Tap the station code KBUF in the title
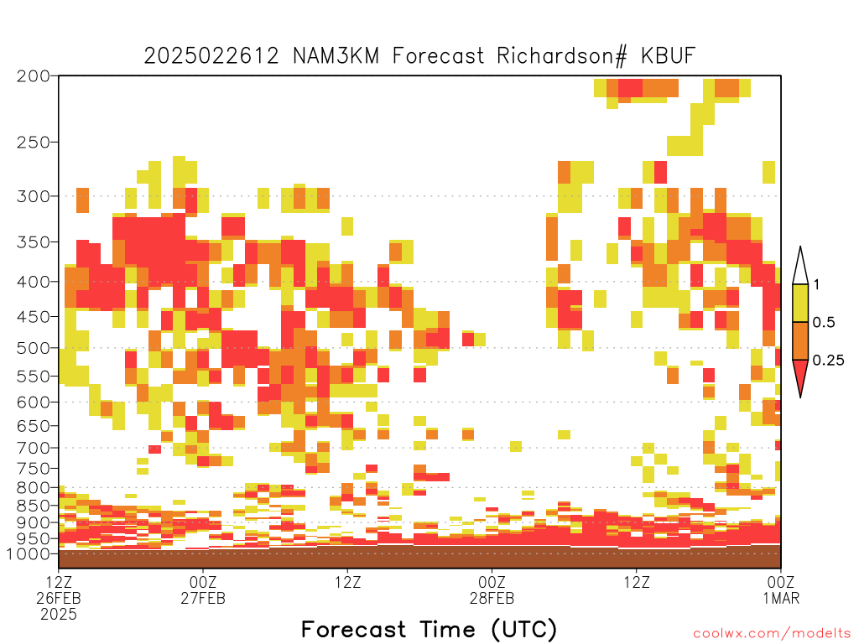[x=669, y=56]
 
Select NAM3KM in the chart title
[x=336, y=56]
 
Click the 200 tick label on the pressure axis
[x=33, y=76]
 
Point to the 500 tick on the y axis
[x=33, y=348]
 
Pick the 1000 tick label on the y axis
[x=29, y=553]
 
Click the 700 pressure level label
[x=33, y=448]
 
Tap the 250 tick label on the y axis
[x=33, y=143]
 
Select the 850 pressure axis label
[x=33, y=506]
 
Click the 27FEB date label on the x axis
[x=203, y=598]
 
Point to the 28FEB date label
[x=492, y=598]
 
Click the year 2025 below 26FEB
[x=59, y=615]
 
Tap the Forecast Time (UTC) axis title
[x=429, y=630]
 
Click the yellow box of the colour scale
[x=800, y=303]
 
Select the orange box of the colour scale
[x=800, y=340]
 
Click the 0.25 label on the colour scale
[x=828, y=360]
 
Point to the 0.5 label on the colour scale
[x=824, y=322]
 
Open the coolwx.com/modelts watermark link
[x=772, y=634]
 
